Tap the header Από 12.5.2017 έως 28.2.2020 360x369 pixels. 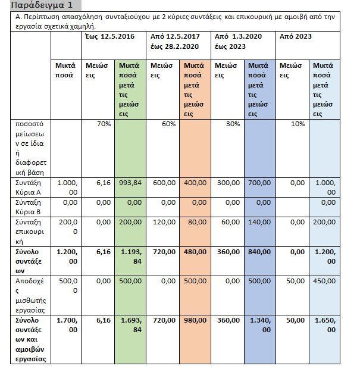179,40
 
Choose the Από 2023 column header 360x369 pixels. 296,37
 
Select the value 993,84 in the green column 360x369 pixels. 130,183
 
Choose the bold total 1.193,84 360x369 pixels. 130,257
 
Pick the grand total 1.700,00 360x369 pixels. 67,324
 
